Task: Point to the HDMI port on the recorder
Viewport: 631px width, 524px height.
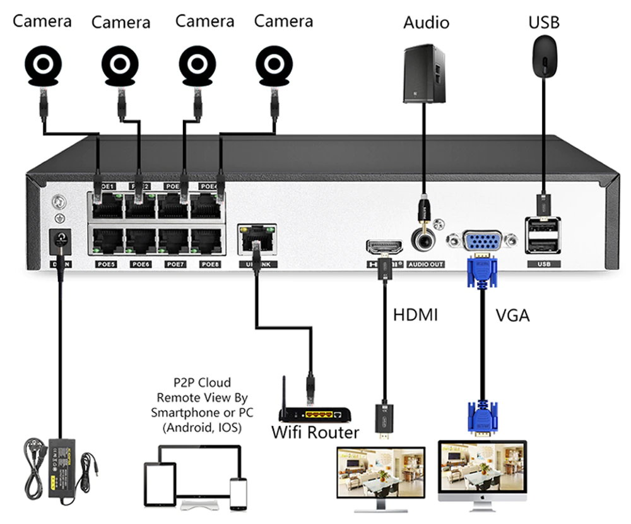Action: tap(384, 246)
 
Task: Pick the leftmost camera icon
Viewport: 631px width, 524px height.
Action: tap(43, 64)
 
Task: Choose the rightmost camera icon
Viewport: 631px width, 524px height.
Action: tap(274, 64)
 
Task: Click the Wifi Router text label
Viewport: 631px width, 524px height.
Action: tap(315, 432)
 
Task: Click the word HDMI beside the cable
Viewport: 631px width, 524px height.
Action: tap(415, 314)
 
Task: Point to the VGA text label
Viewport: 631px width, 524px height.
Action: tap(512, 314)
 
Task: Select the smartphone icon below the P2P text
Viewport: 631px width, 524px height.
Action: tap(238, 492)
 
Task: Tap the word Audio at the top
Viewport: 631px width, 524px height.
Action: tap(426, 23)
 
